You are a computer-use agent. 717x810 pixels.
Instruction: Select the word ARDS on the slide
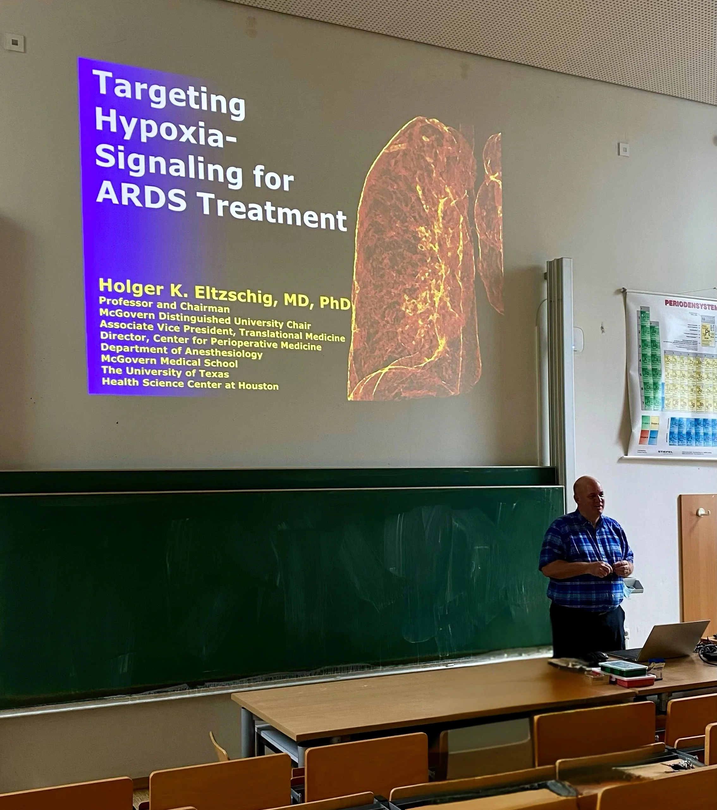[141, 197]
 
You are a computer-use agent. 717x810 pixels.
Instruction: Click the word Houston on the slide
[258, 386]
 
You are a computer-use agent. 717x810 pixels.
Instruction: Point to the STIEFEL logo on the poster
[665, 451]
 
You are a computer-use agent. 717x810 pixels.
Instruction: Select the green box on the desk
[623, 667]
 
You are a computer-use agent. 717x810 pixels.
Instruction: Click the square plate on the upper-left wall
[15, 42]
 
